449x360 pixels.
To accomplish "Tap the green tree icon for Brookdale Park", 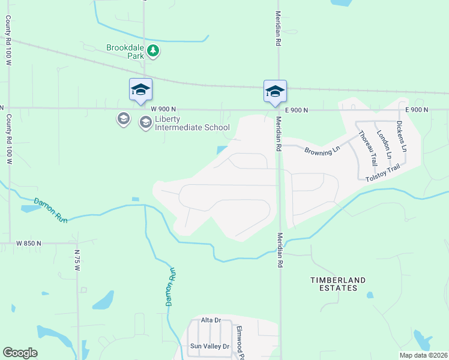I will (x=154, y=50).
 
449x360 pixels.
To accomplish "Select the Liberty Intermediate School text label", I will (x=192, y=122).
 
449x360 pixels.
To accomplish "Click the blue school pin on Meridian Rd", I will (x=275, y=91).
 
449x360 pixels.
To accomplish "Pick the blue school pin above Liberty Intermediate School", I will (x=140, y=90).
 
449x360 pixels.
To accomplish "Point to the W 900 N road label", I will (x=163, y=109).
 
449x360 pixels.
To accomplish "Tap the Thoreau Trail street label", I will (x=367, y=148).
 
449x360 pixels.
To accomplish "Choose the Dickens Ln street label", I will (x=402, y=136).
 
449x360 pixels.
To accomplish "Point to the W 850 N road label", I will (x=29, y=243).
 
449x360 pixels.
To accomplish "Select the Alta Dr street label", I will (x=211, y=320).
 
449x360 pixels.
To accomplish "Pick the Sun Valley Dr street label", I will (x=209, y=346).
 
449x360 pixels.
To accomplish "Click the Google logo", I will (x=20, y=353).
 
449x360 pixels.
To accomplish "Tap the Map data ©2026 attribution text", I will (x=423, y=355).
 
